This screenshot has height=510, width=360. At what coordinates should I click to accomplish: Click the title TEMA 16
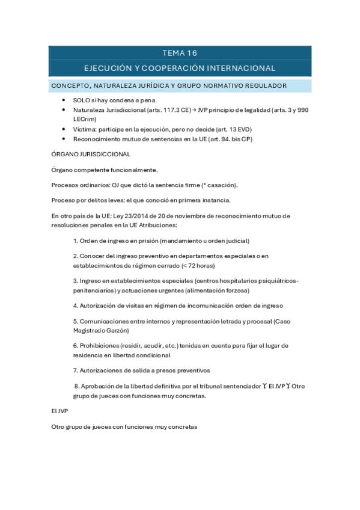coord(180,53)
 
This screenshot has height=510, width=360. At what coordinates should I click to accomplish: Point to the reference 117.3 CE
coord(162,111)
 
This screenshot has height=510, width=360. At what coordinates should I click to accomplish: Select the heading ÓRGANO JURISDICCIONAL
coord(87,153)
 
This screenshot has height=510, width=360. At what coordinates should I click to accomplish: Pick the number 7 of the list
coord(75,370)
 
